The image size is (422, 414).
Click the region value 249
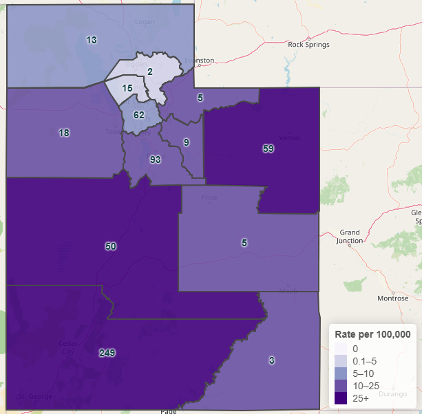pos(107,353)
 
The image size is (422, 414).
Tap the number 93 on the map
pos(156,160)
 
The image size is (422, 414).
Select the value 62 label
pos(139,115)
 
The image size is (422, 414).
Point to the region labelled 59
pos(268,148)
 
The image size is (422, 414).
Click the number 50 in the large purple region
pos(111,246)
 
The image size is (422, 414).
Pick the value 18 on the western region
pos(64,133)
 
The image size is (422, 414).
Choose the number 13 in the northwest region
pos(92,40)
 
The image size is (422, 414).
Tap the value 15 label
pos(127,88)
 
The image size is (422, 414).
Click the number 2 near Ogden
pos(150,72)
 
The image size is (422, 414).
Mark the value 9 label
pos(186,142)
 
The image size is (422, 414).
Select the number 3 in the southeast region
pos(272,360)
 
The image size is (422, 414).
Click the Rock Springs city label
pos(308,45)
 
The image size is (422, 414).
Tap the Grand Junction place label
pos(350,237)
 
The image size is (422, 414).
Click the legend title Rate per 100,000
pos(372,334)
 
